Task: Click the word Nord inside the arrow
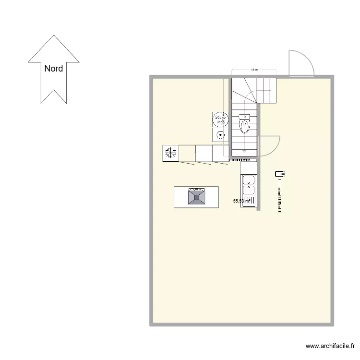point(54,69)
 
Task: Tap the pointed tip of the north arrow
point(54,36)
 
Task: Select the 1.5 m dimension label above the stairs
point(254,70)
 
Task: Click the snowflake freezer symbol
point(170,153)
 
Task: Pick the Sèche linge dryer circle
point(220,119)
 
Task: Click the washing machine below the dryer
point(220,135)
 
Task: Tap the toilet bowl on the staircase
point(244,126)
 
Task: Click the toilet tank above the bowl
point(244,117)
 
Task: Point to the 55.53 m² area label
point(241,201)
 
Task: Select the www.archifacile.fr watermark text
point(330,346)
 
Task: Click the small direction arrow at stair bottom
point(244,151)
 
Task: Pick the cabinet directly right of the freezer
point(187,153)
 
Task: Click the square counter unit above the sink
point(249,168)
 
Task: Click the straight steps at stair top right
point(267,90)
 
